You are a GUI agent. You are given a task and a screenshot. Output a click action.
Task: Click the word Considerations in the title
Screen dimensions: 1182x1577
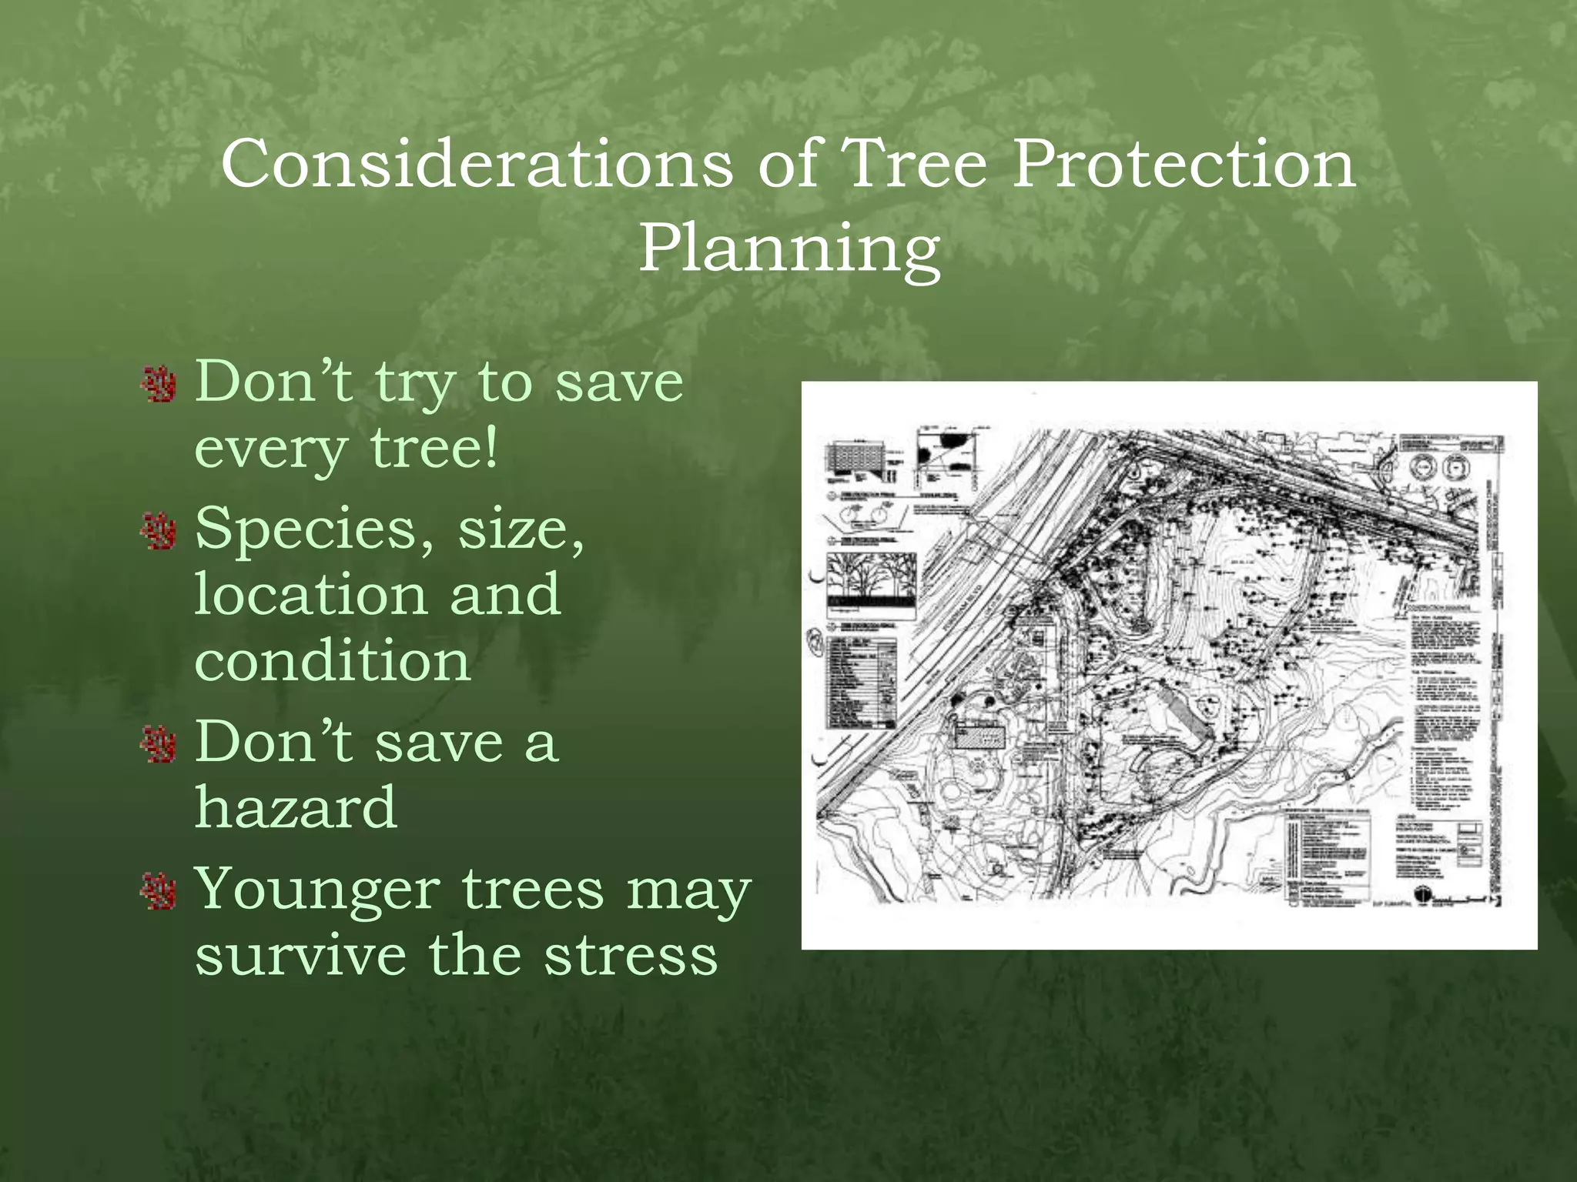click(477, 164)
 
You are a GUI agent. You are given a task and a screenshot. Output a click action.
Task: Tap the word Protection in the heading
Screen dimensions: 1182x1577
click(1184, 164)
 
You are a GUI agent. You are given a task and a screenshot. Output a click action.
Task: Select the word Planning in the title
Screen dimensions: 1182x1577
click(789, 249)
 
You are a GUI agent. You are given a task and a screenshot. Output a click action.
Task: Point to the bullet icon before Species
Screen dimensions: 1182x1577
click(160, 531)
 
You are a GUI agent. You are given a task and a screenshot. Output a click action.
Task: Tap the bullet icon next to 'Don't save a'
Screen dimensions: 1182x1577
click(160, 744)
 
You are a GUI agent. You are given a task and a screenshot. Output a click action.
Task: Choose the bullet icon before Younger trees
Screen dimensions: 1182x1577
click(160, 891)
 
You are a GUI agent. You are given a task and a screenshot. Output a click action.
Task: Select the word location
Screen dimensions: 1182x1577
click(310, 594)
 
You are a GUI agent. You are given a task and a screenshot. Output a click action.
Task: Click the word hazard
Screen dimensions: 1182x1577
click(296, 808)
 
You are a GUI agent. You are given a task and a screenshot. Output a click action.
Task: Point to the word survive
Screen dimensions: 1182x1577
click(300, 956)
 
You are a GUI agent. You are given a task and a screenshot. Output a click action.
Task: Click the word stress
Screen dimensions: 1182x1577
click(631, 956)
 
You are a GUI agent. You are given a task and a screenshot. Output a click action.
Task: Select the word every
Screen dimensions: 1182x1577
click(270, 450)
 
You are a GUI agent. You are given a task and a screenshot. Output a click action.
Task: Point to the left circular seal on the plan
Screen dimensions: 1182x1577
click(1424, 466)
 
